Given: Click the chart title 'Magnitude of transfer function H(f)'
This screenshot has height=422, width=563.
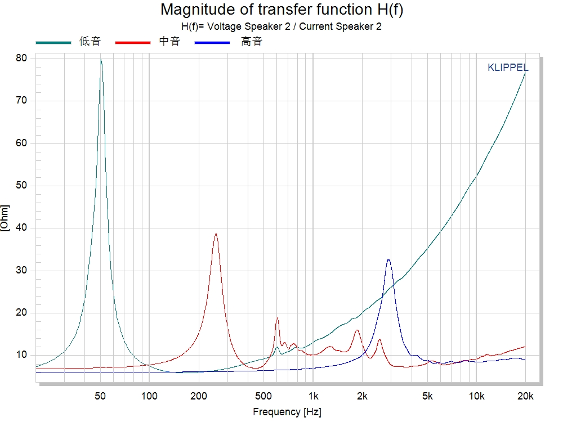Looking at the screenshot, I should (281, 10).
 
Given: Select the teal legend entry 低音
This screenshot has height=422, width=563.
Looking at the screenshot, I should (90, 42).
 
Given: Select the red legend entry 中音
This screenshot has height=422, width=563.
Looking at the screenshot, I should (169, 42).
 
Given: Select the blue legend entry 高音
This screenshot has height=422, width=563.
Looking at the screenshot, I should (252, 42).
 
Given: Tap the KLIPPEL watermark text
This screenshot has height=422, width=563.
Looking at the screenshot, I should (508, 68).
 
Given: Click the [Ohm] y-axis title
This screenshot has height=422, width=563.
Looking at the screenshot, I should (5, 218).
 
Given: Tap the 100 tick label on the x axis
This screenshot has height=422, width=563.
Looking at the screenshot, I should (149, 396).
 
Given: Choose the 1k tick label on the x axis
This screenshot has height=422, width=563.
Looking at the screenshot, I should (314, 396).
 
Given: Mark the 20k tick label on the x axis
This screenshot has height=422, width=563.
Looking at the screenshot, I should (525, 396).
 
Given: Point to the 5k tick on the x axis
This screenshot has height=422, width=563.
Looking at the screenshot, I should (428, 396).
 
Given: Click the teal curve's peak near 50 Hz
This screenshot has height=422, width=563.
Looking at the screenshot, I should (101, 60).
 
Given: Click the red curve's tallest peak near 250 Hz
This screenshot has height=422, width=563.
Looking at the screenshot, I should (216, 234).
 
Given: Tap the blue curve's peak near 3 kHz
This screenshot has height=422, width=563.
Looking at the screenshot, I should (388, 259).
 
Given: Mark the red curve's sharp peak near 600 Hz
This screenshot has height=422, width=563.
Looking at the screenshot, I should (277, 318).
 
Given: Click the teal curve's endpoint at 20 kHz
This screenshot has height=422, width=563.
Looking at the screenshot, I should (525, 73).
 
